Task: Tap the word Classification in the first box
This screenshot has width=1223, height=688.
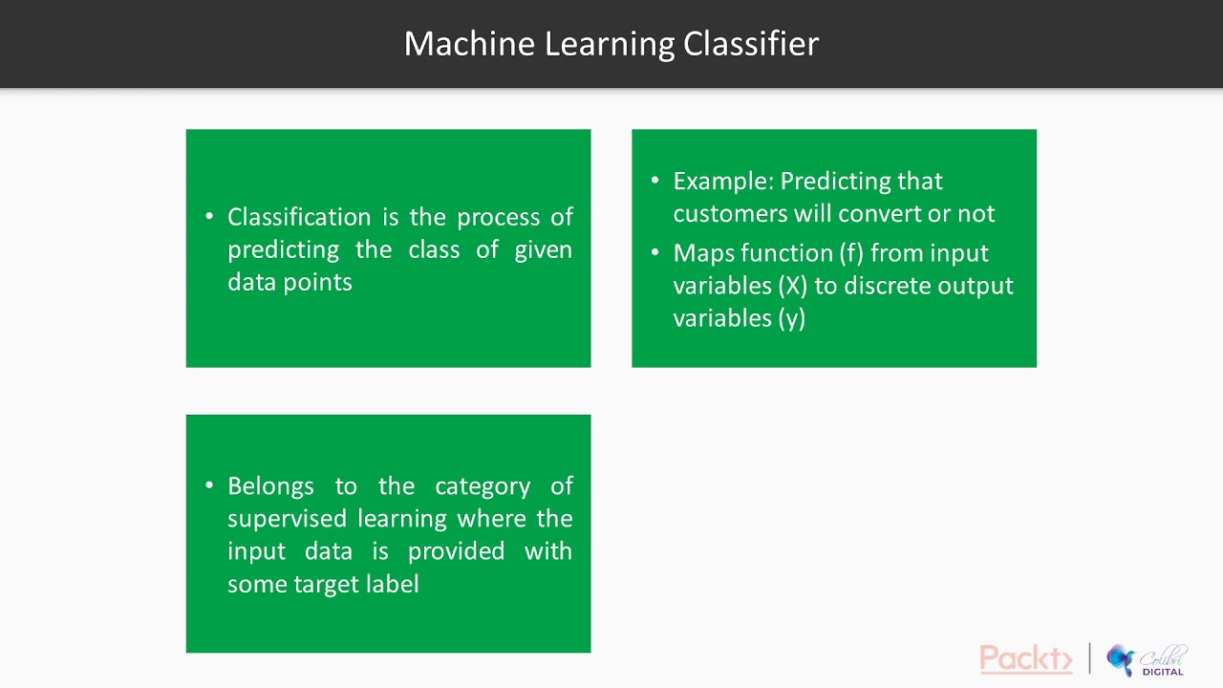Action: point(299,217)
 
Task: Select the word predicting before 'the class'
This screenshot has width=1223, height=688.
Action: point(283,249)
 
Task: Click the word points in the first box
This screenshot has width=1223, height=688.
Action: point(322,282)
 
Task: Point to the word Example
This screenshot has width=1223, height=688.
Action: point(722,181)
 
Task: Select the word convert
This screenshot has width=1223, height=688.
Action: point(883,213)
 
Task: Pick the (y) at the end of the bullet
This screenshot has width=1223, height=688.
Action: point(791,318)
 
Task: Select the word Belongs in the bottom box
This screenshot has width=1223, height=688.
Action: point(270,486)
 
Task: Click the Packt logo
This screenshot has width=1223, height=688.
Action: point(1025,658)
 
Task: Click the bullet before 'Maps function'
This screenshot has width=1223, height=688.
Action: point(655,253)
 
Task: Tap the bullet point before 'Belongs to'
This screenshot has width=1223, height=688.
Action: point(209,486)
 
